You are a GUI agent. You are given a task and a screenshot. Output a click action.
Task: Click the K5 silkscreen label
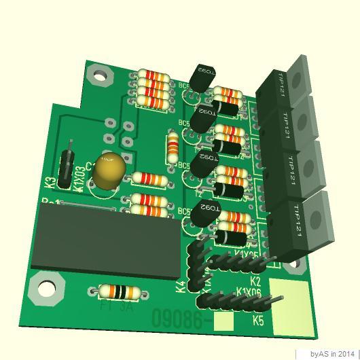click(x=258, y=319)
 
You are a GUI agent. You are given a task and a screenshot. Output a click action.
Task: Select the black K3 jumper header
click(x=67, y=165)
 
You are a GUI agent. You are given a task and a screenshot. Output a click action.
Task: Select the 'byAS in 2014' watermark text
click(x=332, y=354)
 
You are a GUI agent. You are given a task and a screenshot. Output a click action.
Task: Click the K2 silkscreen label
click(x=255, y=280)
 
